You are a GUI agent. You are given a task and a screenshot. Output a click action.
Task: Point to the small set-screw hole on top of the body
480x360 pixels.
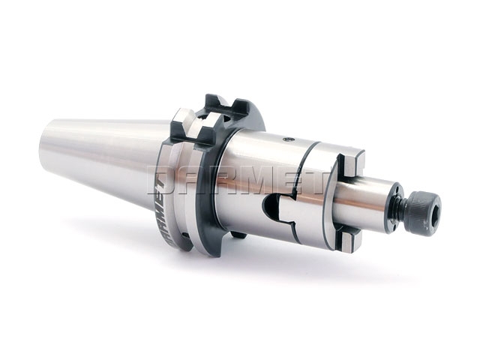click(x=286, y=139)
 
